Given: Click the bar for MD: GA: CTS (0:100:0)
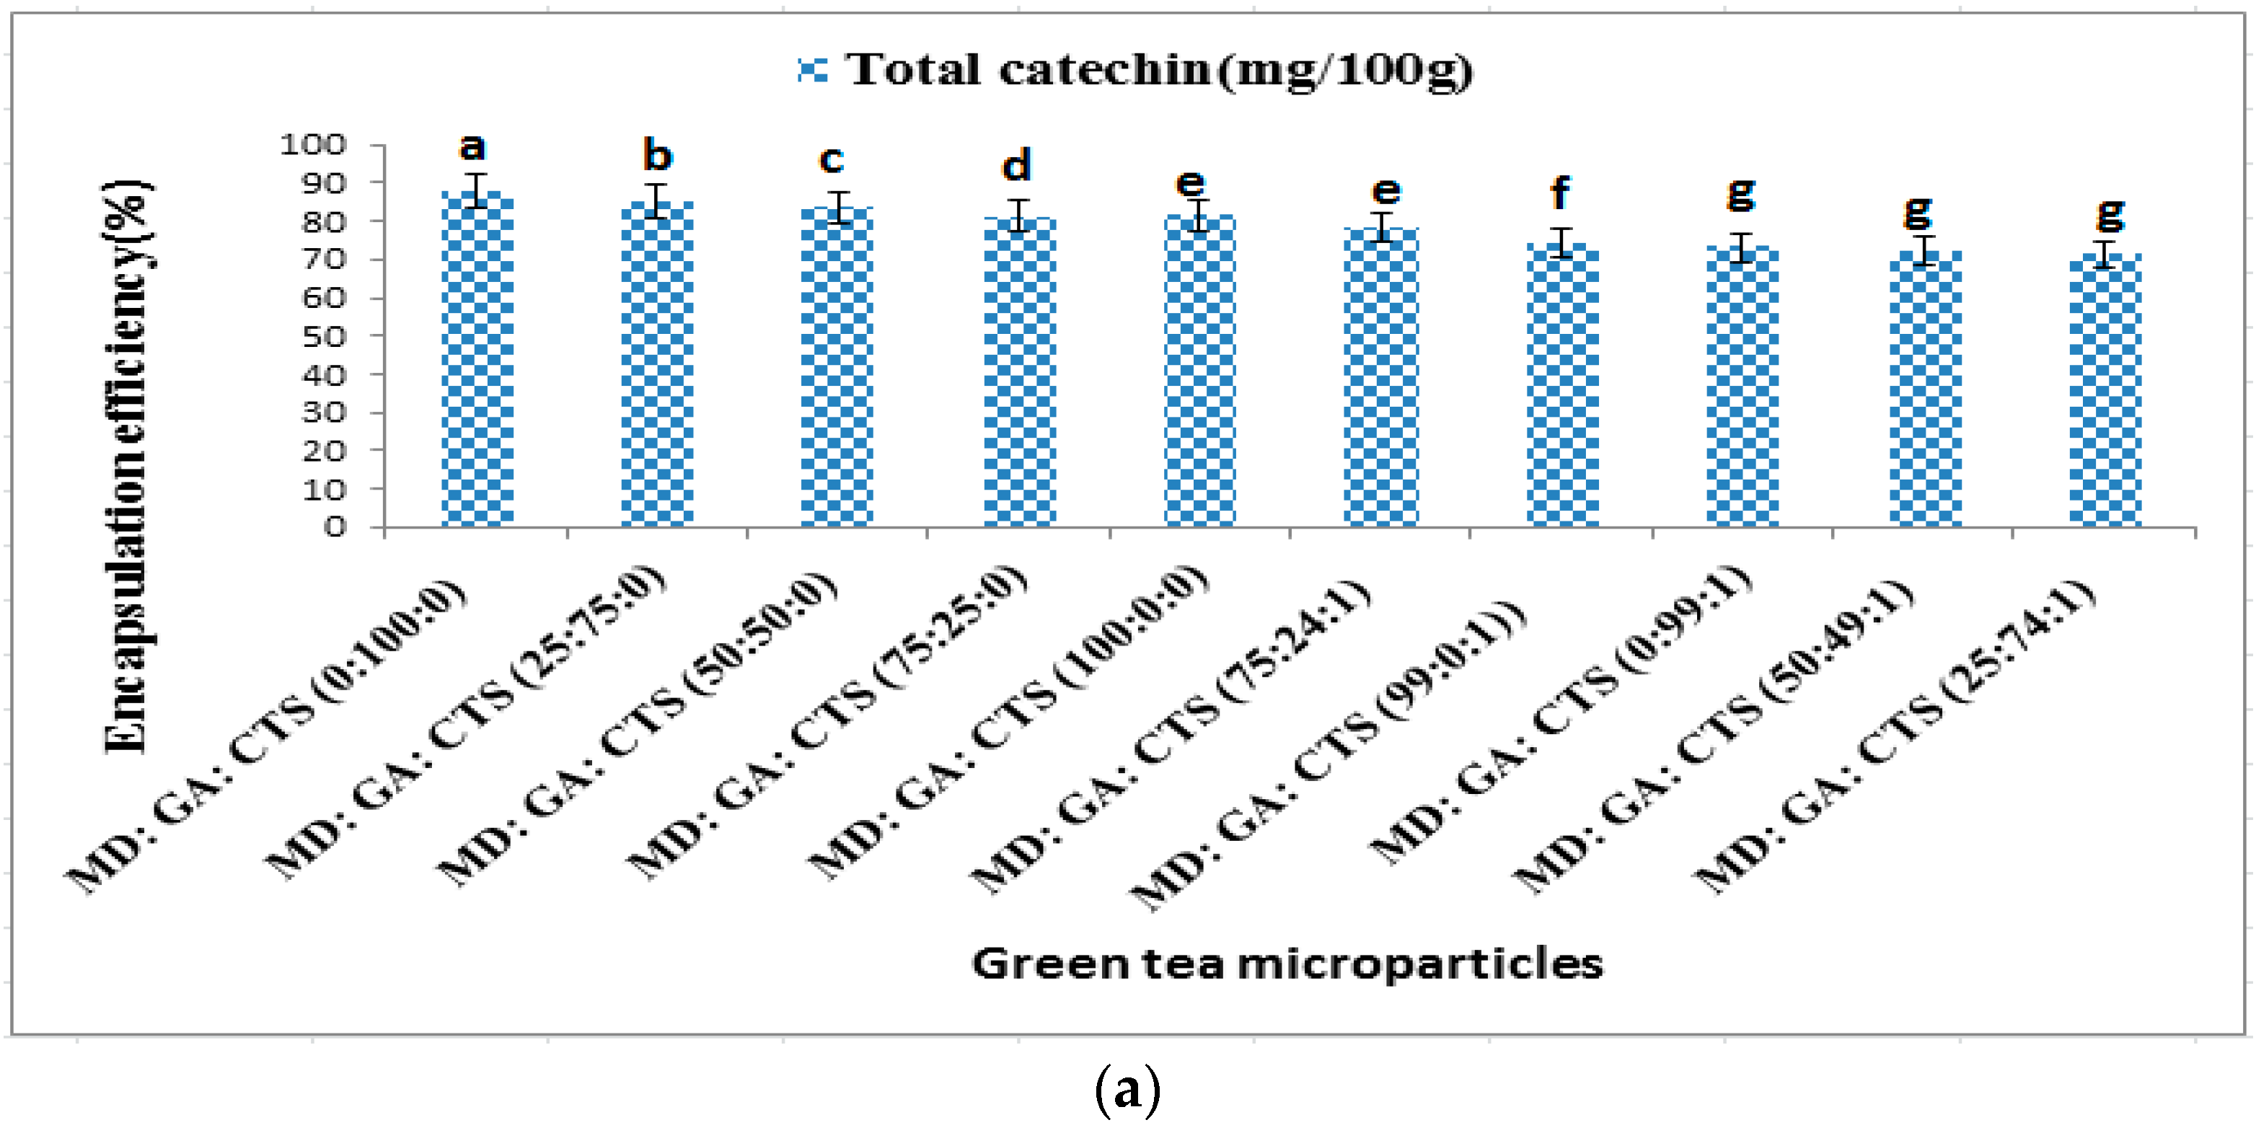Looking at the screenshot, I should [x=477, y=359].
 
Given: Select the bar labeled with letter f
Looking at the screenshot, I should [x=1562, y=385].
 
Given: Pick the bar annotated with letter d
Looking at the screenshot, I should [x=1019, y=372].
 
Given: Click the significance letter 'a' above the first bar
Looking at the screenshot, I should [x=473, y=147].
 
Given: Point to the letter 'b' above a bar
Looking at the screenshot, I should [x=657, y=156].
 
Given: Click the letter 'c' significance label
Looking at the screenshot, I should [x=831, y=160].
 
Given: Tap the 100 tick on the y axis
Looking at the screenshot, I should [x=313, y=144].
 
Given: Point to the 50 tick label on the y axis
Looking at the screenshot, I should [x=323, y=336].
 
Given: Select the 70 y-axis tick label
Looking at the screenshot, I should [x=323, y=260].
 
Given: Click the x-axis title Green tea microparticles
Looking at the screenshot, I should [x=1287, y=964].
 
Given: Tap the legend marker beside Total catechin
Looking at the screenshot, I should [x=813, y=69].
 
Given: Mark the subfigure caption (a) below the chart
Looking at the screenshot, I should [x=1127, y=1090].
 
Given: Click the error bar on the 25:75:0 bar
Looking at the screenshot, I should [x=658, y=200].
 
